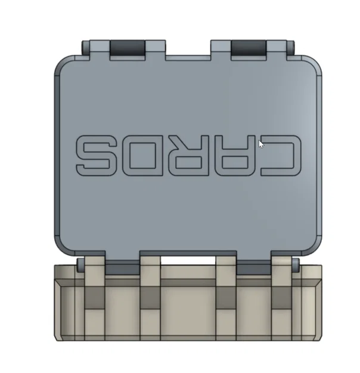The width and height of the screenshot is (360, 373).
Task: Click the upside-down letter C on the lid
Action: click(x=280, y=153)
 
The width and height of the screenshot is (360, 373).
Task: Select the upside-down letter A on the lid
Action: click(x=236, y=153)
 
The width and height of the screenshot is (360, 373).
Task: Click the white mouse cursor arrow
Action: click(x=261, y=143)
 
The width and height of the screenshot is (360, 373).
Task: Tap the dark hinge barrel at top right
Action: click(x=248, y=47)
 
